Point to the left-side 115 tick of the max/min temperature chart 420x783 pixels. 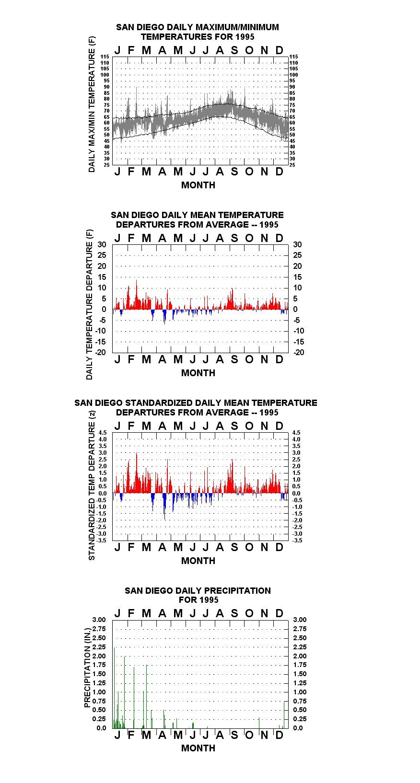click(105, 57)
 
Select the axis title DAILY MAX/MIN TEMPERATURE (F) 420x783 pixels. click(92, 104)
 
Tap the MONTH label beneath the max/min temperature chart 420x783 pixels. click(198, 185)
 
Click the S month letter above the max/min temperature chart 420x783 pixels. click(234, 51)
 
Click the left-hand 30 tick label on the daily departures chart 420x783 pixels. click(102, 245)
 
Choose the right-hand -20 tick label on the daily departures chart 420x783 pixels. click(299, 352)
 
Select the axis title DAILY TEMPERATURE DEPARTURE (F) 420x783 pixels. click(90, 304)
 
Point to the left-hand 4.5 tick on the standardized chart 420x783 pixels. click(103, 433)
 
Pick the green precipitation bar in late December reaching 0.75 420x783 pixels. click(284, 715)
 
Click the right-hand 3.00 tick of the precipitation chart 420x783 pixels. click(300, 620)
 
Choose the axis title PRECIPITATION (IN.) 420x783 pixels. click(87, 668)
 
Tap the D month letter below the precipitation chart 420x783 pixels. click(279, 735)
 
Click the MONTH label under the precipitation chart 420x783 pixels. click(198, 748)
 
